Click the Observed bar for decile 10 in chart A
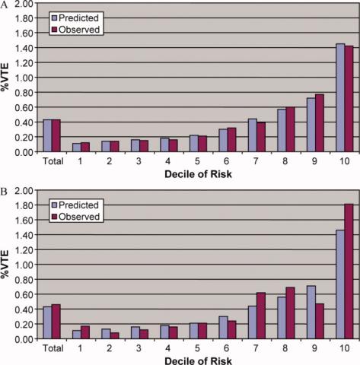[349, 99]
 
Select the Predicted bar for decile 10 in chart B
[340, 284]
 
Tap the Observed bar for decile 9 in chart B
[320, 321]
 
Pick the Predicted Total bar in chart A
[47, 135]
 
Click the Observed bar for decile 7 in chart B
[261, 316]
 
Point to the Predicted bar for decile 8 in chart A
[282, 131]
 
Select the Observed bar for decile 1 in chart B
[85, 332]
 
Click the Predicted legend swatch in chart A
[55, 18]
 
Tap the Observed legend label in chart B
[79, 217]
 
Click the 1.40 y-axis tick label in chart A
[24, 48]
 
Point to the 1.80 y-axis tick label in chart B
[24, 205]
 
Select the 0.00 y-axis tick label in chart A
[24, 152]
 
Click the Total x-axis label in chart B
[53, 348]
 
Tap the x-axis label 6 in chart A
[226, 161]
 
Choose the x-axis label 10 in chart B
[344, 348]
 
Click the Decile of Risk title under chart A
[198, 174]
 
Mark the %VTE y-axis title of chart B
[5, 264]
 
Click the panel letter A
[4, 5]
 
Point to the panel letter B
[4, 192]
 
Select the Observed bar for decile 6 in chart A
[231, 140]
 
